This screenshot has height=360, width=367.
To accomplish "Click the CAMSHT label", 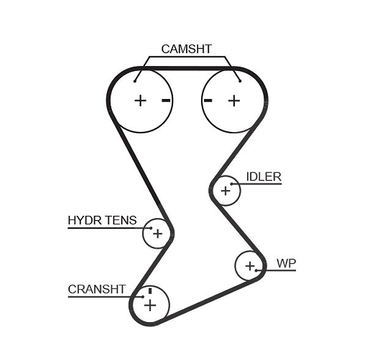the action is pyautogui.click(x=187, y=49).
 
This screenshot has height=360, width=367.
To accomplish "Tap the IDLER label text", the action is pyautogui.click(x=264, y=177).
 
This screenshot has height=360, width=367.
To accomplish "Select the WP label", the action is pyautogui.click(x=286, y=263).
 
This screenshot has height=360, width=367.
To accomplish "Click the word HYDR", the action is pyautogui.click(x=85, y=220).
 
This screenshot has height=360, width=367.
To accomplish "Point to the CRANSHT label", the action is pyautogui.click(x=97, y=289).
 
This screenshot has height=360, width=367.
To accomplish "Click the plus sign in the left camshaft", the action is pyautogui.click(x=141, y=101).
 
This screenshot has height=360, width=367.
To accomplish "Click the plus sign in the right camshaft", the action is pyautogui.click(x=234, y=101).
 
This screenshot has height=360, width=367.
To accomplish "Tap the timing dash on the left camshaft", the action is pyautogui.click(x=166, y=101).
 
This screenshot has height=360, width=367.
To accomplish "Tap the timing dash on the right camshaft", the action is pyautogui.click(x=208, y=101).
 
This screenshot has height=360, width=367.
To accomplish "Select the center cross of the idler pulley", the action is pyautogui.click(x=226, y=191).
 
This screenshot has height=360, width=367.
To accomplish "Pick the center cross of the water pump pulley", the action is pyautogui.click(x=250, y=266).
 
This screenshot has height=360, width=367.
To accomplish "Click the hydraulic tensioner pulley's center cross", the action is pyautogui.click(x=158, y=233).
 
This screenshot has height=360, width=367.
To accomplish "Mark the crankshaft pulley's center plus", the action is pyautogui.click(x=150, y=305).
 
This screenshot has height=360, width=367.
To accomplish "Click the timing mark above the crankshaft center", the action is pyautogui.click(x=150, y=291).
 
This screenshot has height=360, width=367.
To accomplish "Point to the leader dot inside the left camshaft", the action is pyautogui.click(x=135, y=81).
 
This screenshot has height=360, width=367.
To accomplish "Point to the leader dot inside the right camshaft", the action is pyautogui.click(x=240, y=81).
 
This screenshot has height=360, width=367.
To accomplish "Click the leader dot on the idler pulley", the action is pyautogui.click(x=231, y=184).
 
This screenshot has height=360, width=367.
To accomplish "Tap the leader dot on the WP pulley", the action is pyautogui.click(x=256, y=270).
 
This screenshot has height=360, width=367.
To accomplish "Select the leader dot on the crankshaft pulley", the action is pyautogui.click(x=143, y=297).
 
